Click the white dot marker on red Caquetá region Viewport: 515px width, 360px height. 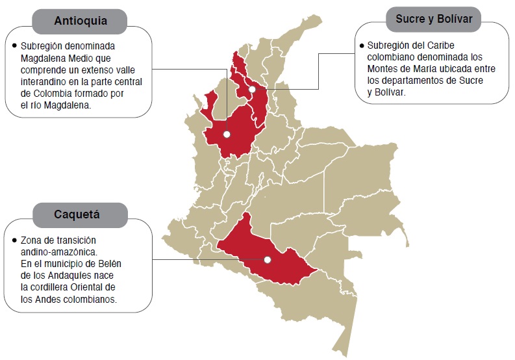coord(267,260)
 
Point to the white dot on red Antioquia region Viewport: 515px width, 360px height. coord(226,135)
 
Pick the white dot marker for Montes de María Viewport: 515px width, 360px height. coord(252,89)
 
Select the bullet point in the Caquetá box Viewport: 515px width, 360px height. coord(14,240)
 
